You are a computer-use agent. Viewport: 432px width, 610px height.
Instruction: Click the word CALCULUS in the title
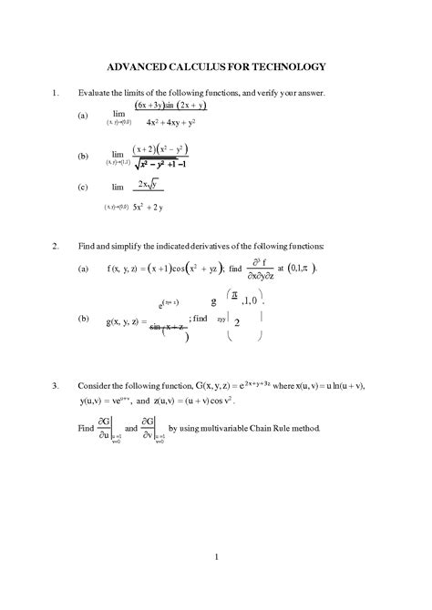pos(201,67)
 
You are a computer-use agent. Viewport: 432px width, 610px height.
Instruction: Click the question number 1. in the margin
pos(57,93)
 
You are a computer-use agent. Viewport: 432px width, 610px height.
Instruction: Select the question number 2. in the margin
pos(57,247)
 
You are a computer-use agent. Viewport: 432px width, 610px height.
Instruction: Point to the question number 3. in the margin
pos(57,386)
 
